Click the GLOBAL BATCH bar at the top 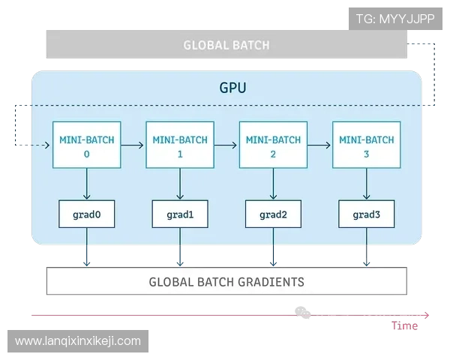pos(226,45)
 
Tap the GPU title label pos(232,88)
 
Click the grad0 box pos(87,214)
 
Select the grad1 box pos(180,214)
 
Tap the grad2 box pos(273,214)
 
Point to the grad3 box pos(367,214)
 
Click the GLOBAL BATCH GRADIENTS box pos(226,282)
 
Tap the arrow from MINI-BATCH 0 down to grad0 pos(87,184)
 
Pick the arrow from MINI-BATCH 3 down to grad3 pos(367,184)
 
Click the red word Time pos(404,325)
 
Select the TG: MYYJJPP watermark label pos(395,19)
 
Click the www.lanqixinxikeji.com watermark pos(78,341)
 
